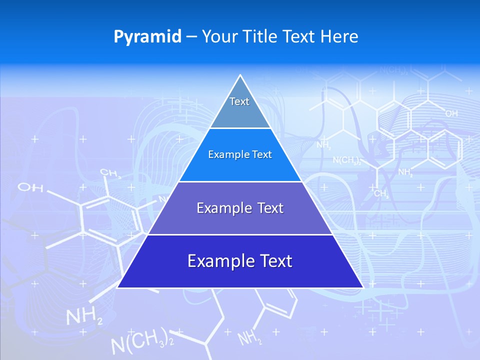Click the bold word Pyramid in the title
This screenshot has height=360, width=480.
[147, 36]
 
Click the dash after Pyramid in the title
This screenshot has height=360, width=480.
[191, 37]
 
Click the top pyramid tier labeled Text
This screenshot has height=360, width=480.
[239, 107]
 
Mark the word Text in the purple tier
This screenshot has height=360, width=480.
[271, 208]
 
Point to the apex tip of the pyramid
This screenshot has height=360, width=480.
[240, 76]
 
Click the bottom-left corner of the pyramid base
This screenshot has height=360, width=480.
[118, 287]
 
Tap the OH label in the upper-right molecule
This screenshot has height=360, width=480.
[451, 114]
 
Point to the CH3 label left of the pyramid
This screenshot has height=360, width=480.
[111, 173]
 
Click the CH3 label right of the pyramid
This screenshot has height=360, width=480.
[381, 194]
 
